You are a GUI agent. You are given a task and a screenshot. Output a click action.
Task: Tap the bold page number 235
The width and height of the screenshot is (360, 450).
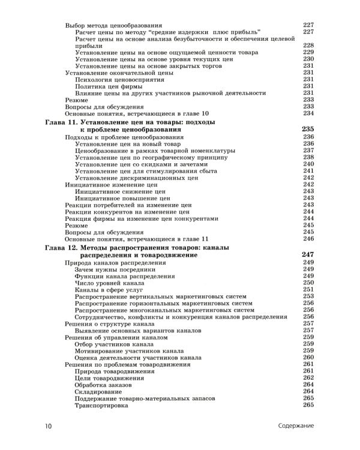pyautogui.click(x=308, y=129)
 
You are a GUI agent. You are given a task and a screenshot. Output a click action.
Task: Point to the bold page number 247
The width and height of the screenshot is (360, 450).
pyautogui.click(x=308, y=254)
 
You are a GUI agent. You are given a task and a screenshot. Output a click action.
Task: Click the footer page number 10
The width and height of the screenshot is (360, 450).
pyautogui.click(x=49, y=426)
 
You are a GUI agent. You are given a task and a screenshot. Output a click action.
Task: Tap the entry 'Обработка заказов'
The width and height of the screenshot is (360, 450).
pyautogui.click(x=106, y=384)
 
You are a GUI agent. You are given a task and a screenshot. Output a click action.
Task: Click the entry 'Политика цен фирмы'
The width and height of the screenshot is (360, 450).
pyautogui.click(x=107, y=86)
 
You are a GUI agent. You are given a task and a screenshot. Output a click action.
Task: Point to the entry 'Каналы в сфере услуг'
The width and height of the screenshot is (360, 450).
pyautogui.click(x=107, y=290)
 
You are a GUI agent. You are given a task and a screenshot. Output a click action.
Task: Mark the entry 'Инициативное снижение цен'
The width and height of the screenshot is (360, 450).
pyautogui.click(x=116, y=191)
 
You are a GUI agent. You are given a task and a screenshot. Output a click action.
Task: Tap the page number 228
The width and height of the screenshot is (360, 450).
pyautogui.click(x=308, y=46)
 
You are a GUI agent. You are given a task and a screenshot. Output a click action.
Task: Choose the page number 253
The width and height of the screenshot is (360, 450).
pyautogui.click(x=308, y=296)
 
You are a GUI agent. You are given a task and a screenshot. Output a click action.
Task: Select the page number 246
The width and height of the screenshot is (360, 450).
pyautogui.click(x=308, y=239)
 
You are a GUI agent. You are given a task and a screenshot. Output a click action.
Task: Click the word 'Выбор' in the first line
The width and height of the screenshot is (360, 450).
pyautogui.click(x=76, y=25)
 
